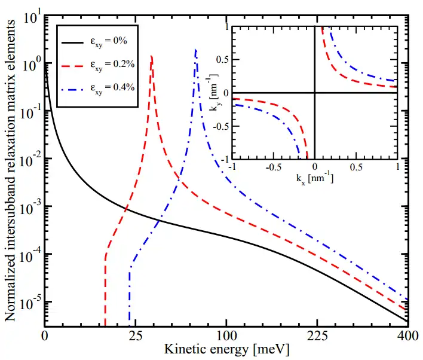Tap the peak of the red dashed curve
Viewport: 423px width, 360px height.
tap(152, 56)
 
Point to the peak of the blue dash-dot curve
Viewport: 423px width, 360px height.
tap(196, 50)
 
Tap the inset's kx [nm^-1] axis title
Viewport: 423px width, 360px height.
tap(314, 179)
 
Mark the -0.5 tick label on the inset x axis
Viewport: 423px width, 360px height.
tap(272, 167)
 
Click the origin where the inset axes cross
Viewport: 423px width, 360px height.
tap(314, 92)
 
